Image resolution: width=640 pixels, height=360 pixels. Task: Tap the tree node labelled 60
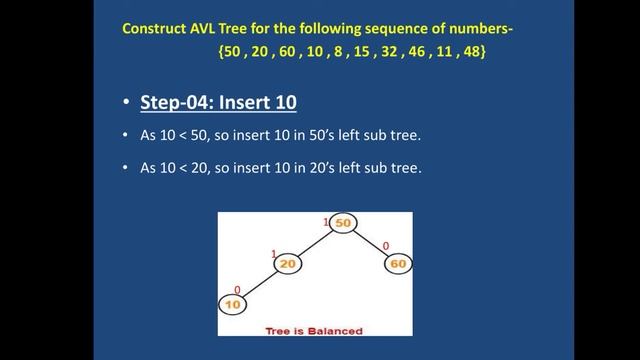coord(398,263)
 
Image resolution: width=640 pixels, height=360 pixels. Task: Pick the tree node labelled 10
coord(233,304)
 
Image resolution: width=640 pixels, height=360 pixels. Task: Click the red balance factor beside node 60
coord(386,245)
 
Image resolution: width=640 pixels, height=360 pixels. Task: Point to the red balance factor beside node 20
coord(274,254)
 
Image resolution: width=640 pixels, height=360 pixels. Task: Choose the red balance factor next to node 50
coord(326,221)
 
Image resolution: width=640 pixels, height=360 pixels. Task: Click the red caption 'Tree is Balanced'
coord(314,330)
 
